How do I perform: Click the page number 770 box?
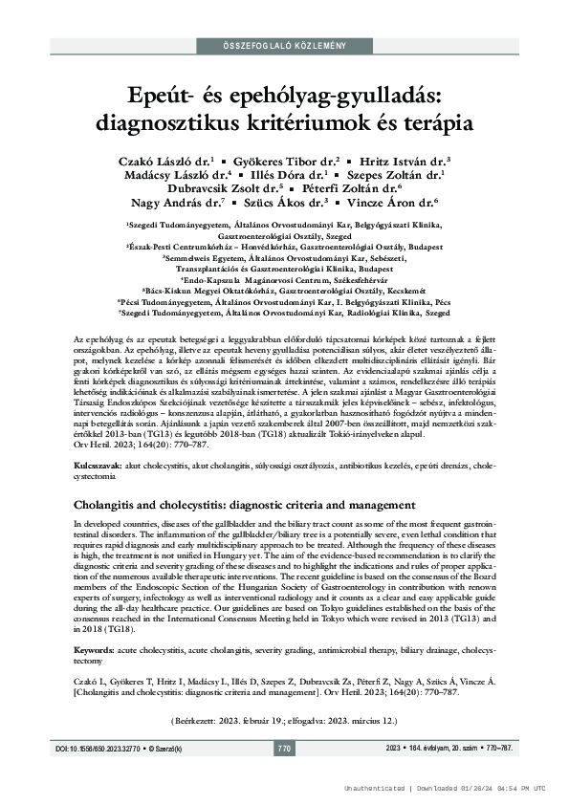coord(284,748)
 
